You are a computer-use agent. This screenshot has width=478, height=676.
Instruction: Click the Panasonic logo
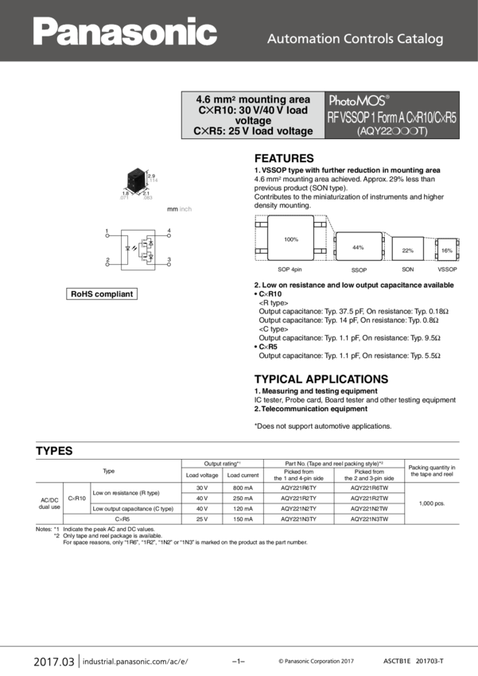[125, 32]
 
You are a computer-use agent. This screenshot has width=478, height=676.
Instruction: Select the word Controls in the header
[361, 39]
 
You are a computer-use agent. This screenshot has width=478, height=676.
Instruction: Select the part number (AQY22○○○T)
[392, 131]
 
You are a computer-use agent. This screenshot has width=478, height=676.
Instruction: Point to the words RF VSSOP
[351, 116]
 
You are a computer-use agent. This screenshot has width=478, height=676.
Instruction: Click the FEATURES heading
[284, 158]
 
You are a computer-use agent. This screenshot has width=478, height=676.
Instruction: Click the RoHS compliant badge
[103, 295]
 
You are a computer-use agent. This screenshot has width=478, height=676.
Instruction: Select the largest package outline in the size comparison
[290, 239]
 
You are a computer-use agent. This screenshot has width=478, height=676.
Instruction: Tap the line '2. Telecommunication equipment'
[310, 409]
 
